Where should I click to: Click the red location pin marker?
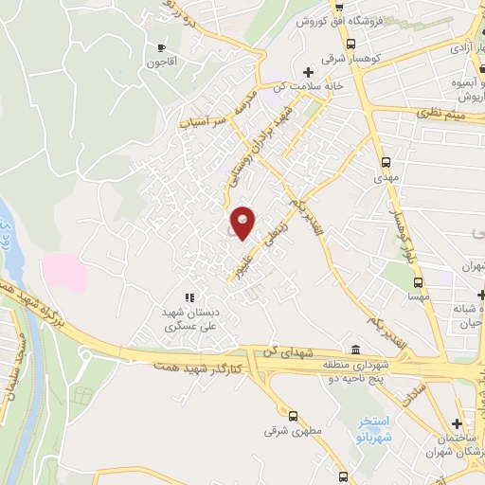243,223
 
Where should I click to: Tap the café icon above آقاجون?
161,47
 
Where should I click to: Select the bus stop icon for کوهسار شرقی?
351,44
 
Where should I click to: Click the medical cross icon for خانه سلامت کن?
307,72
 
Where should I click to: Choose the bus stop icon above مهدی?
385,161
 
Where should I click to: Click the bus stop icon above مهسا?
418,280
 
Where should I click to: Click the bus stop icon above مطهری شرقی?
292,415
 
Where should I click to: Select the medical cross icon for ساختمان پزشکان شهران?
458,423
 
